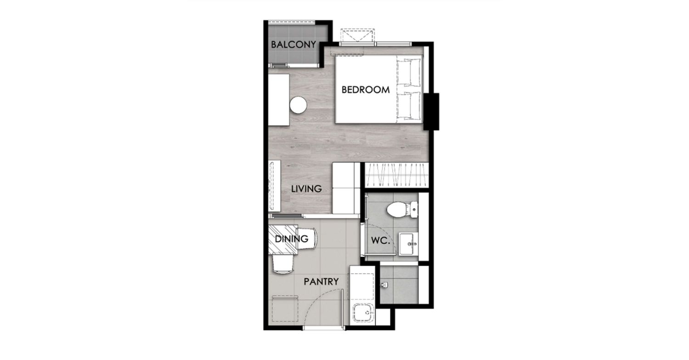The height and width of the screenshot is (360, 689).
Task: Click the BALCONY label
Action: tap(294, 45)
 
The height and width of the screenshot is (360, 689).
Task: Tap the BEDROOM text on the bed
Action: tap(366, 90)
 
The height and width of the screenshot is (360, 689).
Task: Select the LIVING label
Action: tap(306, 189)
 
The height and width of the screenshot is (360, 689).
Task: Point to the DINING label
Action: tap(291, 239)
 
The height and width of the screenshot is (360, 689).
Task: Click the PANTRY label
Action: tap(321, 281)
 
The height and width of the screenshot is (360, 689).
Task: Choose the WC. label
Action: tap(380, 241)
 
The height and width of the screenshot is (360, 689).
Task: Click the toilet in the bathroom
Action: tap(402, 210)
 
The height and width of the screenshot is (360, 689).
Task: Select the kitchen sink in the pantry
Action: tap(364, 313)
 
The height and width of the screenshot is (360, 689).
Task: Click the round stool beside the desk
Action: tap(299, 105)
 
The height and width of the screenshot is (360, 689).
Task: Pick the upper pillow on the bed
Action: tap(409, 72)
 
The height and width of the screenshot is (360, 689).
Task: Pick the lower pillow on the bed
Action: tap(409, 105)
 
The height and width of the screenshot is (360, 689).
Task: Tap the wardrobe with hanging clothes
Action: tap(396, 175)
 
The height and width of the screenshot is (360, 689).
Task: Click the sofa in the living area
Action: tap(346, 188)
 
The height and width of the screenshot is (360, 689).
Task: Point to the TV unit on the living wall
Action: tap(274, 186)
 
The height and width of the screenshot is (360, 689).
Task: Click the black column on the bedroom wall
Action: tap(431, 112)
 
